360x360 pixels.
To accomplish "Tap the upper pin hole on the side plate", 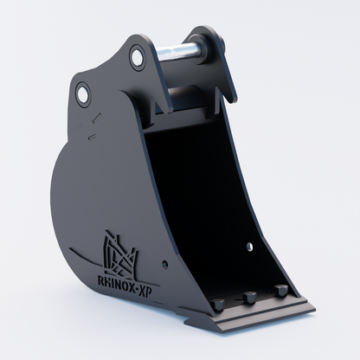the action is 137,56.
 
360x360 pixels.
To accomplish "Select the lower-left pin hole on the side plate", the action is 83,93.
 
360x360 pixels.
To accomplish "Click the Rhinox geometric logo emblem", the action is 120,253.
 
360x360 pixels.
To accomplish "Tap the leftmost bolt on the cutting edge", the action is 218,305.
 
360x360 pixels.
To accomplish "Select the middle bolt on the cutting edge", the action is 250,297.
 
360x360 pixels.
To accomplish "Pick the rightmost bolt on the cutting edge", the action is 280,290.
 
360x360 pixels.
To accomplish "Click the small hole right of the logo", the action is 164,263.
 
